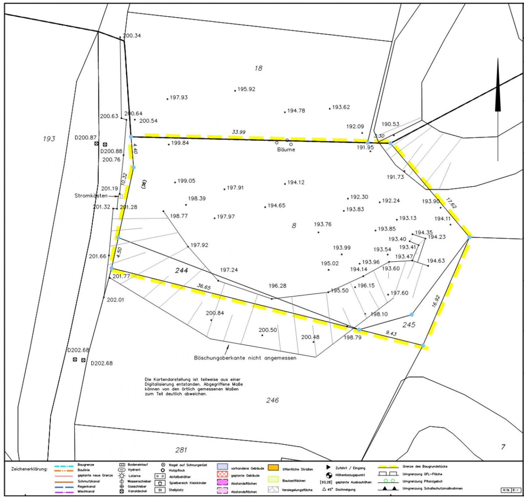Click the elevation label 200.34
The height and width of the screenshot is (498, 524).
[x=132, y=36]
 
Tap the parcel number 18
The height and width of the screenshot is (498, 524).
[x=258, y=68]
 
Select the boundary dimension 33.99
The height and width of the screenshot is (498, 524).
[x=239, y=132]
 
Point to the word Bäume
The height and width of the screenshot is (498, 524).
[x=286, y=150]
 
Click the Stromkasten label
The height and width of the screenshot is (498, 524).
[x=91, y=196]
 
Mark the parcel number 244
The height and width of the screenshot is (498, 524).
[x=181, y=270]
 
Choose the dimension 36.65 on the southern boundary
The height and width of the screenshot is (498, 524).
[x=204, y=287]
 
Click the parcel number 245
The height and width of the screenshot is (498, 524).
[x=409, y=325]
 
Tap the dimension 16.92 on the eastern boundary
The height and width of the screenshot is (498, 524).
[x=436, y=301]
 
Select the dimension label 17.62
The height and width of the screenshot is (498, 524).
[x=451, y=203]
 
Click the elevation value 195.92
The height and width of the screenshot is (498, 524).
[x=246, y=89]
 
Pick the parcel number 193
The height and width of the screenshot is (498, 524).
[x=49, y=139]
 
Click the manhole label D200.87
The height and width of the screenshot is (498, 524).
[x=85, y=137]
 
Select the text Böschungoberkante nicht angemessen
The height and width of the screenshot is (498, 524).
[x=245, y=358]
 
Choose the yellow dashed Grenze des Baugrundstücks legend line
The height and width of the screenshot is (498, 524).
[x=388, y=467]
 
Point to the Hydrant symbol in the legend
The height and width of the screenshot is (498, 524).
[x=122, y=470]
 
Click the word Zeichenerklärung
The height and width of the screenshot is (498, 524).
[x=29, y=469]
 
